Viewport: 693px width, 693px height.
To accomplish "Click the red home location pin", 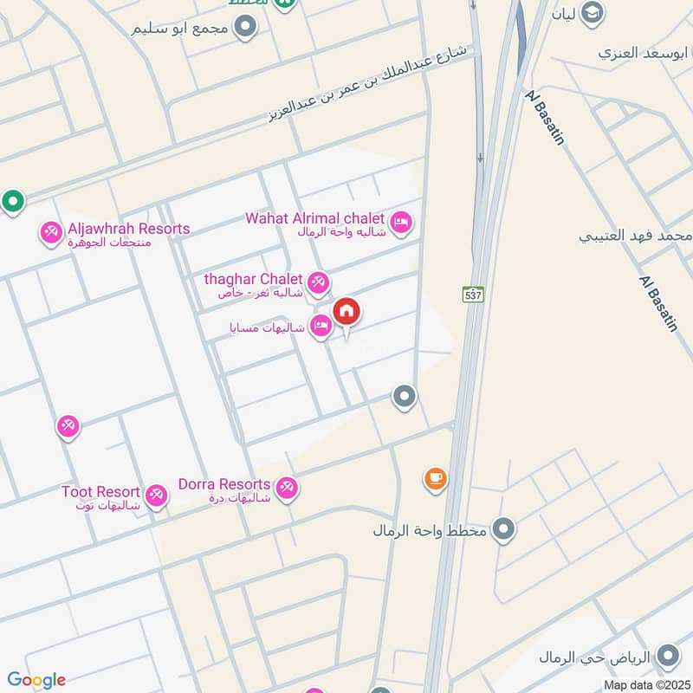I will (x=346, y=312).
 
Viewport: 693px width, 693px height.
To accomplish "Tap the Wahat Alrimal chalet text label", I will (x=314, y=218).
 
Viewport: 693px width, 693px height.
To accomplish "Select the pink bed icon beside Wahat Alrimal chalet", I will (x=400, y=223).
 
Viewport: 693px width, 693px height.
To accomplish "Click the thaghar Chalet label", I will (x=253, y=279).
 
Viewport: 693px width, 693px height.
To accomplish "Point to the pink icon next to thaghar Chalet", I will (x=318, y=282).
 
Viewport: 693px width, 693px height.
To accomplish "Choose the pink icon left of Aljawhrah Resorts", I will (x=50, y=232).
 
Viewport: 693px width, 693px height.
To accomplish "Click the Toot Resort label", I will (x=100, y=492).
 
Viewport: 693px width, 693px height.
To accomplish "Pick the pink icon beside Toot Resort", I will (x=156, y=495).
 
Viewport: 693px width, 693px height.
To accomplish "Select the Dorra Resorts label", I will (x=224, y=484).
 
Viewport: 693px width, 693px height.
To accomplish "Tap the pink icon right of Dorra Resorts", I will (x=288, y=488).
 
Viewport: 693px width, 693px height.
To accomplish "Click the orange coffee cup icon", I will (x=435, y=477).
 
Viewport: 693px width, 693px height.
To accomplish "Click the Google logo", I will (x=36, y=679).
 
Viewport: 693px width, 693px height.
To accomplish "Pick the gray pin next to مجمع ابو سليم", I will (x=246, y=28).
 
